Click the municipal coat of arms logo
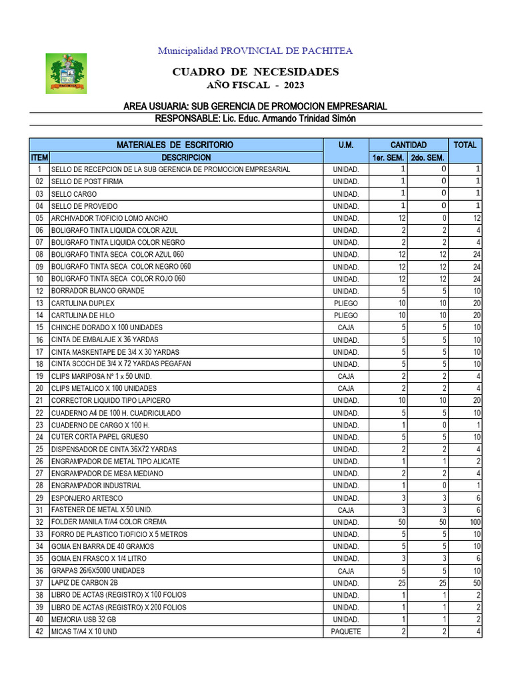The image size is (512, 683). point(65,73)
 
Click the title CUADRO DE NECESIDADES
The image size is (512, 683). point(255,72)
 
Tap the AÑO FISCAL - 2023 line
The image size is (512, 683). point(255,85)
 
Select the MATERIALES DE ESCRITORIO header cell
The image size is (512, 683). point(175,145)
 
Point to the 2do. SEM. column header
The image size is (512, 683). point(428,157)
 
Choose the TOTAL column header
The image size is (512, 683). point(465,145)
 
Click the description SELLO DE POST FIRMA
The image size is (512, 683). point(87,181)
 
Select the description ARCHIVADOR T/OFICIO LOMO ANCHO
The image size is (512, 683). point(109,218)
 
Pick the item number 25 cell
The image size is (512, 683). point(39,450)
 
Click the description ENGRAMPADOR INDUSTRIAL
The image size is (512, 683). point(96,486)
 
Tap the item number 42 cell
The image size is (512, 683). point(39,632)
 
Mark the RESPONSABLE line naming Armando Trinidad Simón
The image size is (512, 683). point(255,118)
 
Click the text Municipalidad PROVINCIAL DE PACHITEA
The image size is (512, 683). point(255,51)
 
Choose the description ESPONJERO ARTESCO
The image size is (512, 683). point(87,498)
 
